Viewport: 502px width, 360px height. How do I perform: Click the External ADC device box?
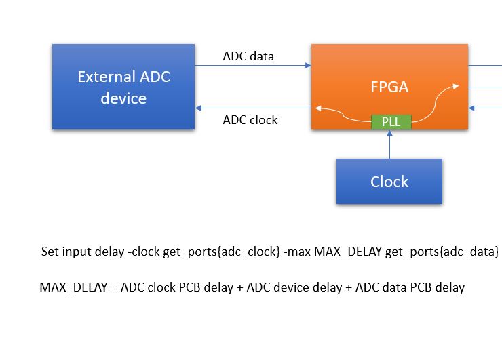(123, 87)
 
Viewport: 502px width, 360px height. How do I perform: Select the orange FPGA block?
(389, 68)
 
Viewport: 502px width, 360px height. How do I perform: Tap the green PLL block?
(390, 122)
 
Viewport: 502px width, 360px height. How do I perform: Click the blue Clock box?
(389, 181)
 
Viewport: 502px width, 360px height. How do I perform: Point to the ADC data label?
(248, 56)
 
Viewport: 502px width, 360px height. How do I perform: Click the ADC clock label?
(250, 120)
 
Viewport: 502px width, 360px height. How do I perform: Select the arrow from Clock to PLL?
(390, 144)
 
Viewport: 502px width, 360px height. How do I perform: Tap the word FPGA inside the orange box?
(389, 88)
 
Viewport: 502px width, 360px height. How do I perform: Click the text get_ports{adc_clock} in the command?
(221, 252)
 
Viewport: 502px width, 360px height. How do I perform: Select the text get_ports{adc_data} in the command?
(442, 252)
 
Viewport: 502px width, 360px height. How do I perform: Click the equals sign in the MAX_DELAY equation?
(114, 287)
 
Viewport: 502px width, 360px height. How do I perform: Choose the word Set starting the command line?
(50, 252)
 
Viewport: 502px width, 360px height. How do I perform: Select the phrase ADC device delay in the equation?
(294, 287)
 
